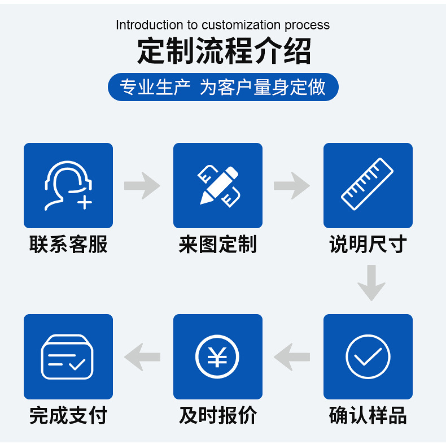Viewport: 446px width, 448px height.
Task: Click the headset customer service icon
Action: (x=68, y=185)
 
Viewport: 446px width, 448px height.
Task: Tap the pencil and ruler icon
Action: (x=218, y=185)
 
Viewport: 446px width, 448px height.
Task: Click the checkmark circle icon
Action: (x=368, y=356)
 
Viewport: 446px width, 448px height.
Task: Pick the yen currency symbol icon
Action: (x=218, y=356)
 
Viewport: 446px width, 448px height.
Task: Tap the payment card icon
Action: (x=68, y=356)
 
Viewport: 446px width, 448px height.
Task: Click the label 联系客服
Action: (x=68, y=245)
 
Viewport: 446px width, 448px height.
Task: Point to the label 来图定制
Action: (x=218, y=245)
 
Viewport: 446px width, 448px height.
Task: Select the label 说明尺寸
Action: (x=368, y=245)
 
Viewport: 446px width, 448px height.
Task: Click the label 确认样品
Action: (x=368, y=416)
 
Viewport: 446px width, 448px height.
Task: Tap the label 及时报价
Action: (x=218, y=416)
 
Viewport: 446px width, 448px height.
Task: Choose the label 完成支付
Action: (x=68, y=416)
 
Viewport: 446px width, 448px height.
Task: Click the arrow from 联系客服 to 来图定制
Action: (x=142, y=185)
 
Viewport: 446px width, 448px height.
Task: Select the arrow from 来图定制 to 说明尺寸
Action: (x=292, y=185)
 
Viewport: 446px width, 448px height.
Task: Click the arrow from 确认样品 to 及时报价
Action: (x=292, y=356)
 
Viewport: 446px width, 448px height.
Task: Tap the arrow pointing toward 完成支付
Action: (x=142, y=356)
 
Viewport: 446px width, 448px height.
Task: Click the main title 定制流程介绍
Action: (x=224, y=51)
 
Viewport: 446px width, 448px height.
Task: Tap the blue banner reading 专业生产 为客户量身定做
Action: (x=223, y=88)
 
